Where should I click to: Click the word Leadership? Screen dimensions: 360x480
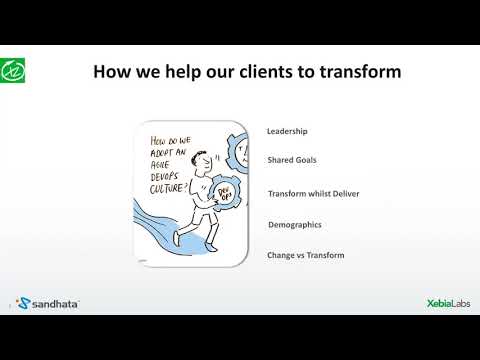coord(288,132)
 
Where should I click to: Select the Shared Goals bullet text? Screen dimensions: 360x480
coord(293,160)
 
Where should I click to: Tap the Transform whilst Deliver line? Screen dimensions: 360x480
coord(313,193)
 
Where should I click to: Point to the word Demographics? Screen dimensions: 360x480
coord(296,225)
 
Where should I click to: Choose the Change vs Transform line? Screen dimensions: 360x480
coord(306,255)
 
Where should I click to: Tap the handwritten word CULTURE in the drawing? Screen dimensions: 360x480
coord(168,183)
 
